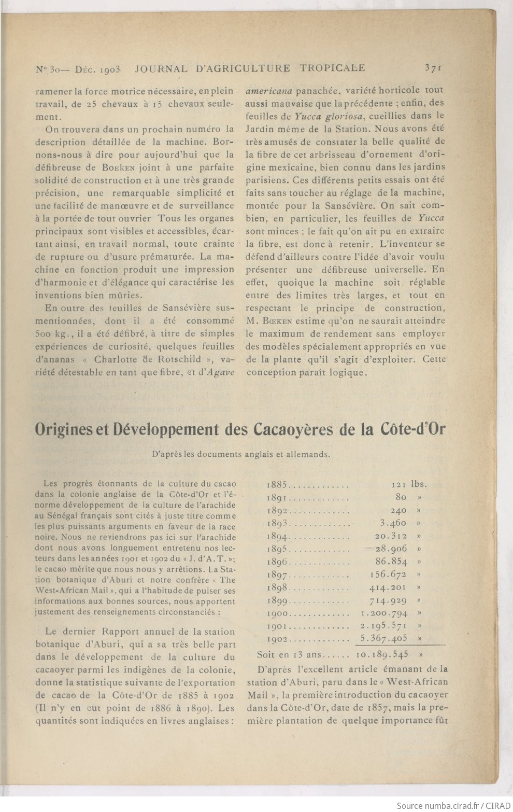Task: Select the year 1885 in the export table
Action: click(276, 485)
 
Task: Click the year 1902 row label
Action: click(277, 639)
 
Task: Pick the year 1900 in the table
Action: click(277, 613)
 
